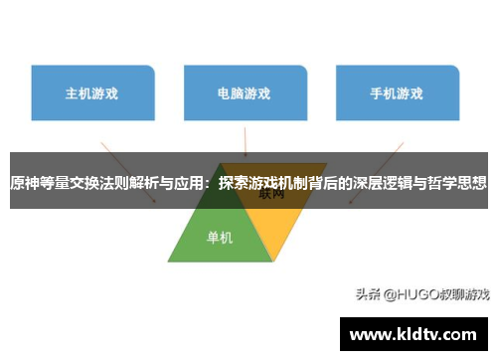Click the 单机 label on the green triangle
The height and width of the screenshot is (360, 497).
click(220, 238)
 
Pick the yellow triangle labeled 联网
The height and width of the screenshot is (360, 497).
click(274, 224)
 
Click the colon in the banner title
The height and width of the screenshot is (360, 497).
click(210, 183)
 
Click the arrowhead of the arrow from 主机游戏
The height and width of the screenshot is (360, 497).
click(153, 200)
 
